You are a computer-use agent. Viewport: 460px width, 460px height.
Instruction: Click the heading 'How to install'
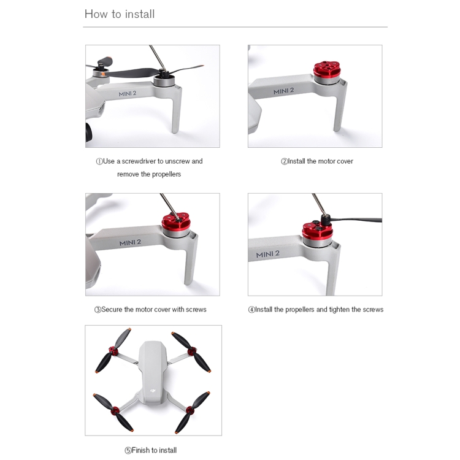tap(120, 14)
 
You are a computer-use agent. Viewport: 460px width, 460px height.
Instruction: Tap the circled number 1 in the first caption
tap(99, 161)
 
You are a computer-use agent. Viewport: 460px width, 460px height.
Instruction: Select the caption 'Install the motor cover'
tap(320, 161)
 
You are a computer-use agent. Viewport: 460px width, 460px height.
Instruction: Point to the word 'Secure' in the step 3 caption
tap(112, 310)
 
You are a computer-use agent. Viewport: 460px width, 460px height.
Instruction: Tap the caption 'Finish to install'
tap(154, 450)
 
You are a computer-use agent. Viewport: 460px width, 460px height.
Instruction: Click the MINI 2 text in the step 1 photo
tap(128, 94)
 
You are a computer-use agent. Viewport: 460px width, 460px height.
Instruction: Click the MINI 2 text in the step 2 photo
tap(284, 91)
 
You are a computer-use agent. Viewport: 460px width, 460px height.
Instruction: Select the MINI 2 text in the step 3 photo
tap(130, 243)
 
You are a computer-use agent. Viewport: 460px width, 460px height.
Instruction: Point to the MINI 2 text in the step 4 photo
tap(267, 254)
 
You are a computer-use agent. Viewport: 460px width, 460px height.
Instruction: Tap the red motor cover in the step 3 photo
tap(176, 221)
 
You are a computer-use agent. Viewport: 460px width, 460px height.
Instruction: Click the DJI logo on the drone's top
tap(153, 391)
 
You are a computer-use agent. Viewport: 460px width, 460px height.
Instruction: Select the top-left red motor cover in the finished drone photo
tap(113, 351)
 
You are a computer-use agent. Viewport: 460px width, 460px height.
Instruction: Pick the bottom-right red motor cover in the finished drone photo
tap(190, 410)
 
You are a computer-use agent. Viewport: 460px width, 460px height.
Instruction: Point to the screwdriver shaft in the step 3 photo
tap(169, 205)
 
